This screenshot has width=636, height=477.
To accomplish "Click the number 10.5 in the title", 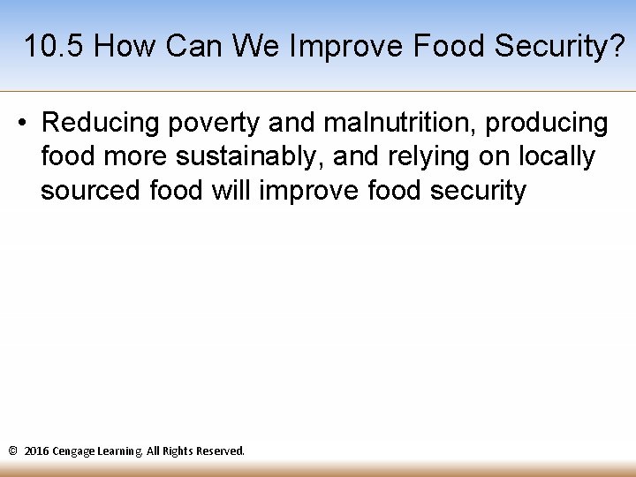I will pos(55,47).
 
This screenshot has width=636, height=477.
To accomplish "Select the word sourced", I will pos(91,190).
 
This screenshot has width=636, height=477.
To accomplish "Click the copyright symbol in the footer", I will pos(12,450).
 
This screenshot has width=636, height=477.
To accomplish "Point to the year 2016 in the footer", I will pos(37,450).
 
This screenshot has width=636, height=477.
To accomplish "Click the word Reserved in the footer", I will pos(220,450).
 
